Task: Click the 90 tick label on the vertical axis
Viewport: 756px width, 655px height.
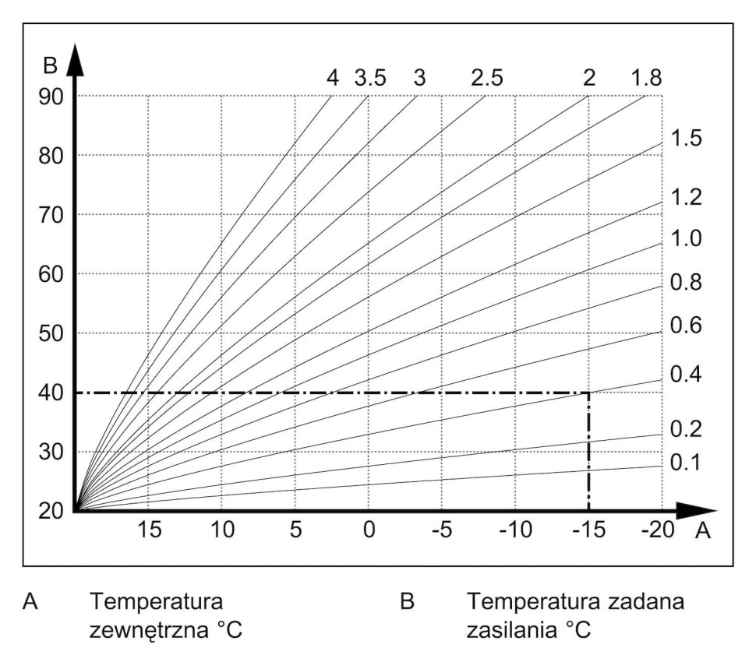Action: (x=52, y=96)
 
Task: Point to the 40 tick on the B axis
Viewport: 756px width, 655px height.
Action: (x=52, y=393)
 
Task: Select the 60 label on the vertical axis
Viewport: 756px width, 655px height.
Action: (x=52, y=274)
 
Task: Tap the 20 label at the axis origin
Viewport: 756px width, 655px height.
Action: (x=52, y=512)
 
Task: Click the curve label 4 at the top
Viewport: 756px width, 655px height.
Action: (x=333, y=79)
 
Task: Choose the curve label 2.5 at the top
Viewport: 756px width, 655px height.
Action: (x=486, y=79)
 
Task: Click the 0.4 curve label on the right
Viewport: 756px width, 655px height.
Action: (x=686, y=375)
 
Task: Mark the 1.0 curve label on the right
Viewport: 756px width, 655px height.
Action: (x=686, y=238)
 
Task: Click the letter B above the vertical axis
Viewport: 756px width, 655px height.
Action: (x=51, y=65)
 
